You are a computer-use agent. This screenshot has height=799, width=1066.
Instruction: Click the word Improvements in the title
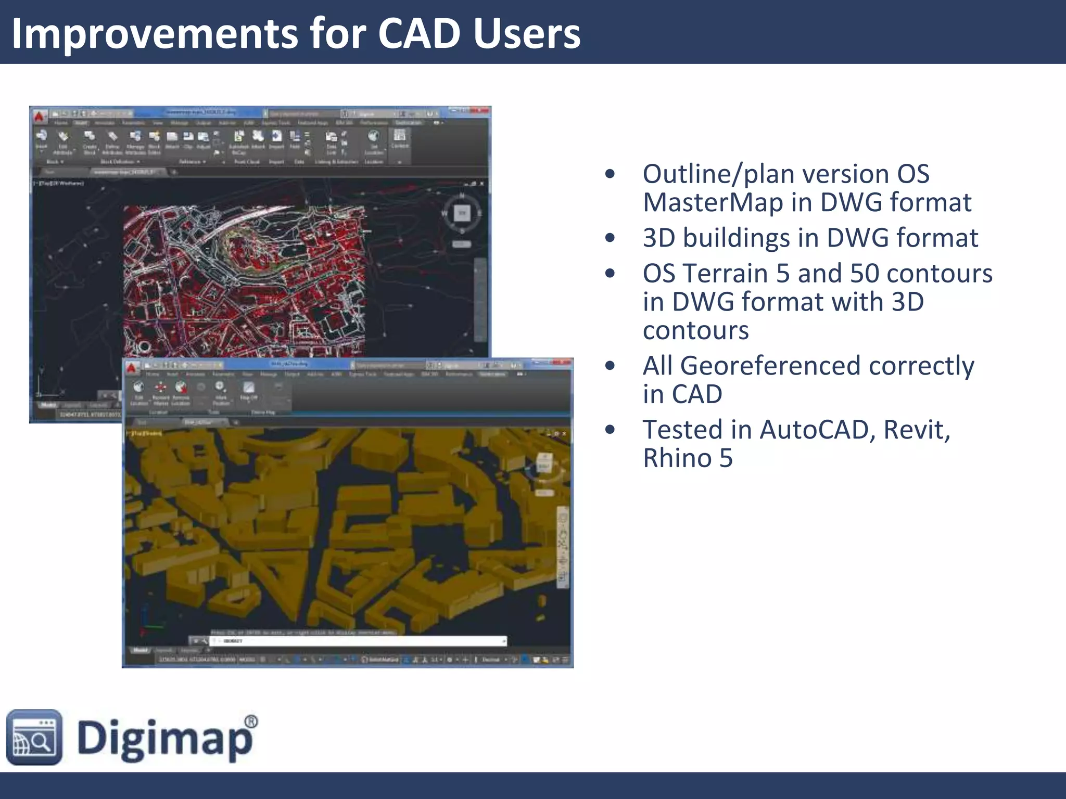pyautogui.click(x=154, y=33)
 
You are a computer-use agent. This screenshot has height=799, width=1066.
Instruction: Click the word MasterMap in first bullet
pyautogui.click(x=713, y=202)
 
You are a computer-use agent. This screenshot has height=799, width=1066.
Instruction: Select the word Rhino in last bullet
pyautogui.click(x=677, y=458)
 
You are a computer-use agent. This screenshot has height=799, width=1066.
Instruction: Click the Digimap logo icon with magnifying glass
pyautogui.click(x=34, y=737)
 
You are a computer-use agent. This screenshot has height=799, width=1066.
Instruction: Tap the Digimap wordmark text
pyautogui.click(x=164, y=738)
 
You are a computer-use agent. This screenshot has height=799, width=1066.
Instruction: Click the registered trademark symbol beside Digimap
pyautogui.click(x=250, y=721)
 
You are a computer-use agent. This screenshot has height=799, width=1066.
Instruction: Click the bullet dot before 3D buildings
pyautogui.click(x=610, y=238)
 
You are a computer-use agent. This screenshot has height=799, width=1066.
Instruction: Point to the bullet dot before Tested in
pyautogui.click(x=610, y=430)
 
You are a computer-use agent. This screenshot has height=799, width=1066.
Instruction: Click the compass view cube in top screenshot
pyautogui.click(x=462, y=212)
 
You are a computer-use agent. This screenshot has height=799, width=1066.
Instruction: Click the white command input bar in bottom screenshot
pyautogui.click(x=359, y=641)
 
